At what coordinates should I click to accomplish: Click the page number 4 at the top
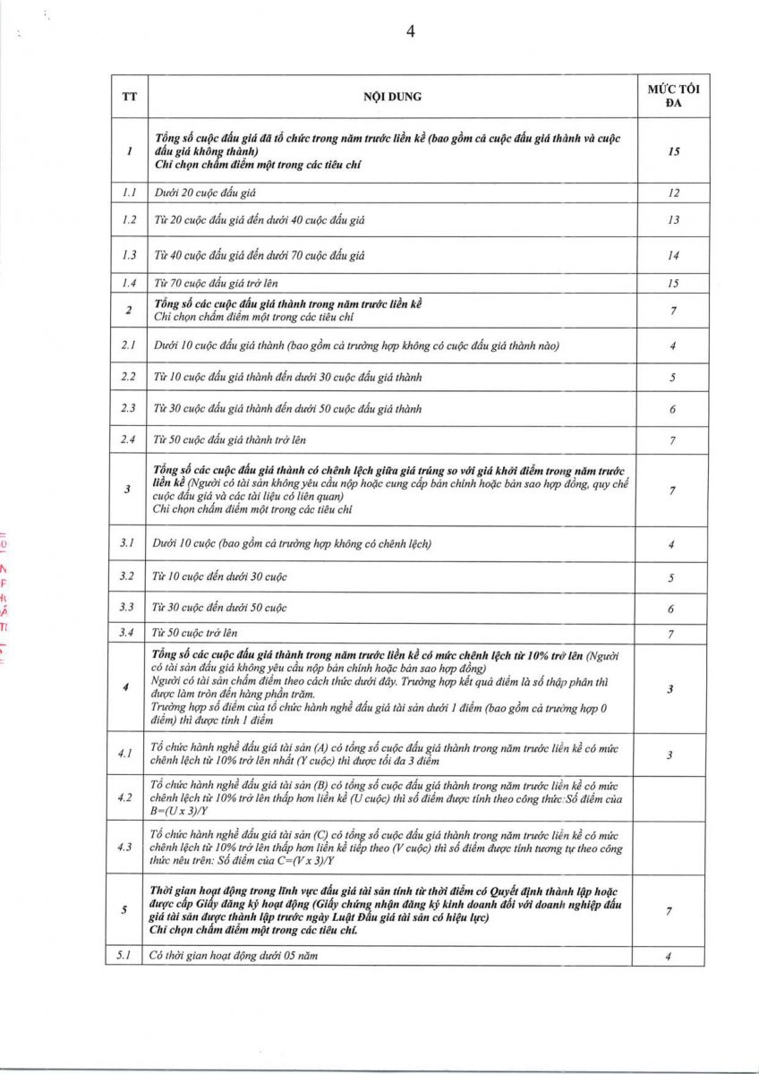pyautogui.click(x=411, y=32)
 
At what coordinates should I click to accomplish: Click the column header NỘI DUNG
pyautogui.click(x=392, y=97)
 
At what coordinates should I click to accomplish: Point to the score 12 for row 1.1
pyautogui.click(x=673, y=192)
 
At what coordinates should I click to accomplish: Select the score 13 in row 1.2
pyautogui.click(x=673, y=220)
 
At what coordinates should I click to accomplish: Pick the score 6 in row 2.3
pyautogui.click(x=673, y=410)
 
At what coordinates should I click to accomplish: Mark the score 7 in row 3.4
pyautogui.click(x=673, y=635)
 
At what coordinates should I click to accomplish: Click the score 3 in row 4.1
pyautogui.click(x=670, y=756)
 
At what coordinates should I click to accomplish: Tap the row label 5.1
pyautogui.click(x=124, y=956)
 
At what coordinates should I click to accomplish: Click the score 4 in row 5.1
pyautogui.click(x=669, y=957)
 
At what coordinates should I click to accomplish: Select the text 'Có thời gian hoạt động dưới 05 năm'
pyautogui.click(x=234, y=956)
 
